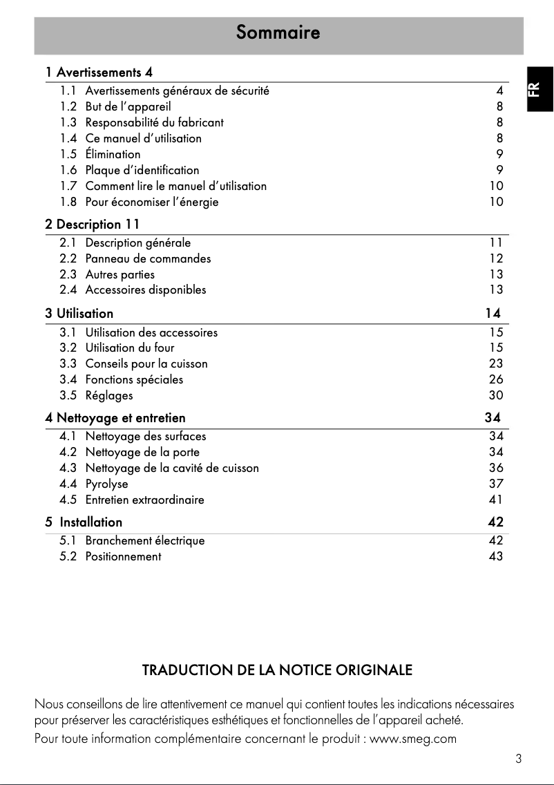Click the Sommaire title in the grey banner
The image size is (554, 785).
click(x=278, y=32)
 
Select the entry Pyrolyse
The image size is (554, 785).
click(x=106, y=484)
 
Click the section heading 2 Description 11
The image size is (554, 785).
click(x=93, y=225)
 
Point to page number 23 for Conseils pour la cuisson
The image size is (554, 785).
click(x=495, y=363)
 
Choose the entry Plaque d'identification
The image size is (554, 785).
click(x=142, y=170)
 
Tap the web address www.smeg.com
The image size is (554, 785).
click(x=414, y=739)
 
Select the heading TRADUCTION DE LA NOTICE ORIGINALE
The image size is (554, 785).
click(x=277, y=670)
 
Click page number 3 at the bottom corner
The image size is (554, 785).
click(x=518, y=759)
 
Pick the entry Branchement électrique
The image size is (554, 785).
click(x=144, y=540)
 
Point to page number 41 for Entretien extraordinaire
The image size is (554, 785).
click(x=495, y=500)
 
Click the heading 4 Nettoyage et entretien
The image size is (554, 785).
click(x=115, y=418)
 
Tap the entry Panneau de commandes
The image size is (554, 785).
click(x=148, y=258)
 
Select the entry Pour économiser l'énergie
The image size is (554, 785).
click(x=151, y=202)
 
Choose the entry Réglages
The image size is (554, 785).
click(x=108, y=395)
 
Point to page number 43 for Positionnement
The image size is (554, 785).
click(x=495, y=556)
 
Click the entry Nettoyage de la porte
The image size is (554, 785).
click(x=142, y=452)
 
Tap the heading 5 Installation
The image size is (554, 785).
click(x=84, y=522)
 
